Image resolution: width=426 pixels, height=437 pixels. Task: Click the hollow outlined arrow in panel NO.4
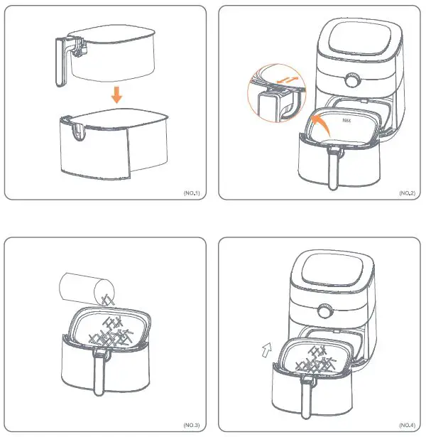(x=265, y=349)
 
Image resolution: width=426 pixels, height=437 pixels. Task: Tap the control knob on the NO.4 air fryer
(x=326, y=311)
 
